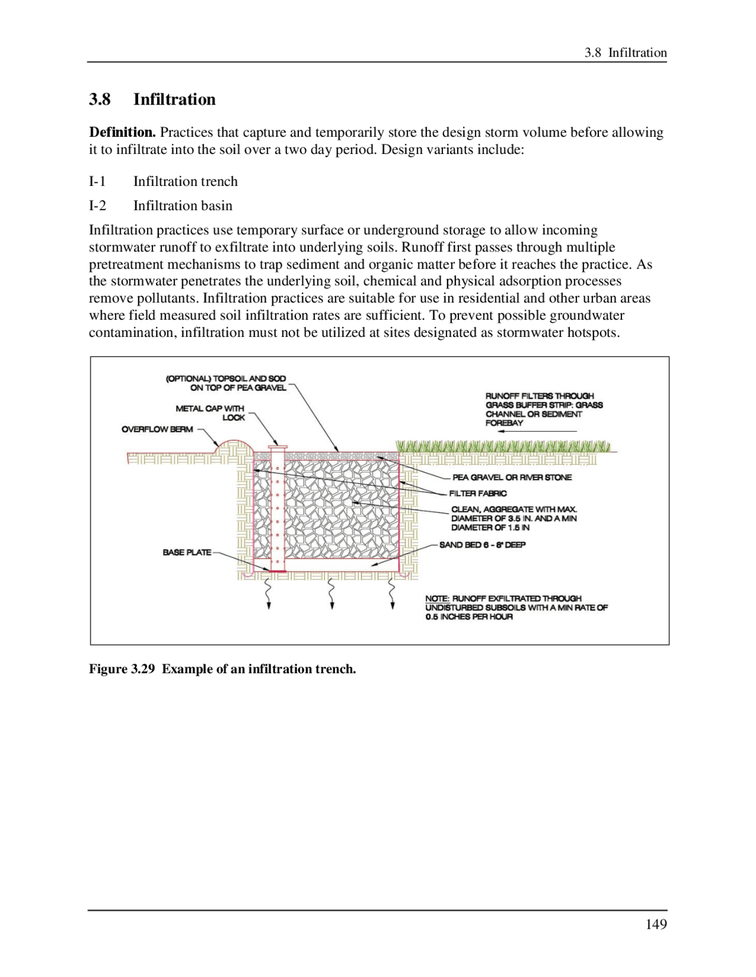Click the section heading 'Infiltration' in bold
coord(174,99)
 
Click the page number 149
coord(656,924)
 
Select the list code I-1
coord(97,182)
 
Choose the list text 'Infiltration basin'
coord(183,206)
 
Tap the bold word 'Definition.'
coord(122,132)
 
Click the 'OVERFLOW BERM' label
coord(157,430)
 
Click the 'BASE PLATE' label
coord(187,553)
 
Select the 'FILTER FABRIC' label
coord(478,493)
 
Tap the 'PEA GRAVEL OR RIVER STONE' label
coord(512,477)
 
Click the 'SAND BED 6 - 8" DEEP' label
coord(483,545)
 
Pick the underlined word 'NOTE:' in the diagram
coord(437,599)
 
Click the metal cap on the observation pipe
coord(277,447)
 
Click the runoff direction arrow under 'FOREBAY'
coord(537,432)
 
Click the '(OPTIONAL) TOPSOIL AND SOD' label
coord(226,379)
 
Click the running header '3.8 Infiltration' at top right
coord(625,53)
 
